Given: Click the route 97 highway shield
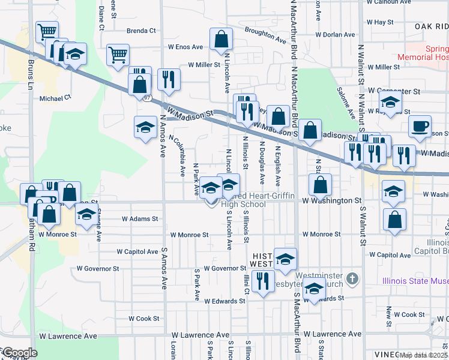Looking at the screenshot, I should coord(148,97).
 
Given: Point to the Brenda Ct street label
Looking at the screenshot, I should coord(141,31).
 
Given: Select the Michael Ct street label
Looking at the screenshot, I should coord(55,97).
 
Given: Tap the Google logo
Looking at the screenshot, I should coord(20,353).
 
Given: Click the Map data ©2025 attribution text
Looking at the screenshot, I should coord(423,355).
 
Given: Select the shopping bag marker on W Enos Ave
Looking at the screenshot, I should coord(221,39).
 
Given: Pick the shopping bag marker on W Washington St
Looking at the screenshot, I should coord(321,185).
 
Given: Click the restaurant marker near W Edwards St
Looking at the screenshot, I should coord(262,281).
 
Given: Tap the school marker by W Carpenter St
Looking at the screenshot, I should coord(390,102).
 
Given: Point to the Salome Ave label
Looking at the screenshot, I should coord(348,102).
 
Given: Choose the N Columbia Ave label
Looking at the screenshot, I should coord(178,155).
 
